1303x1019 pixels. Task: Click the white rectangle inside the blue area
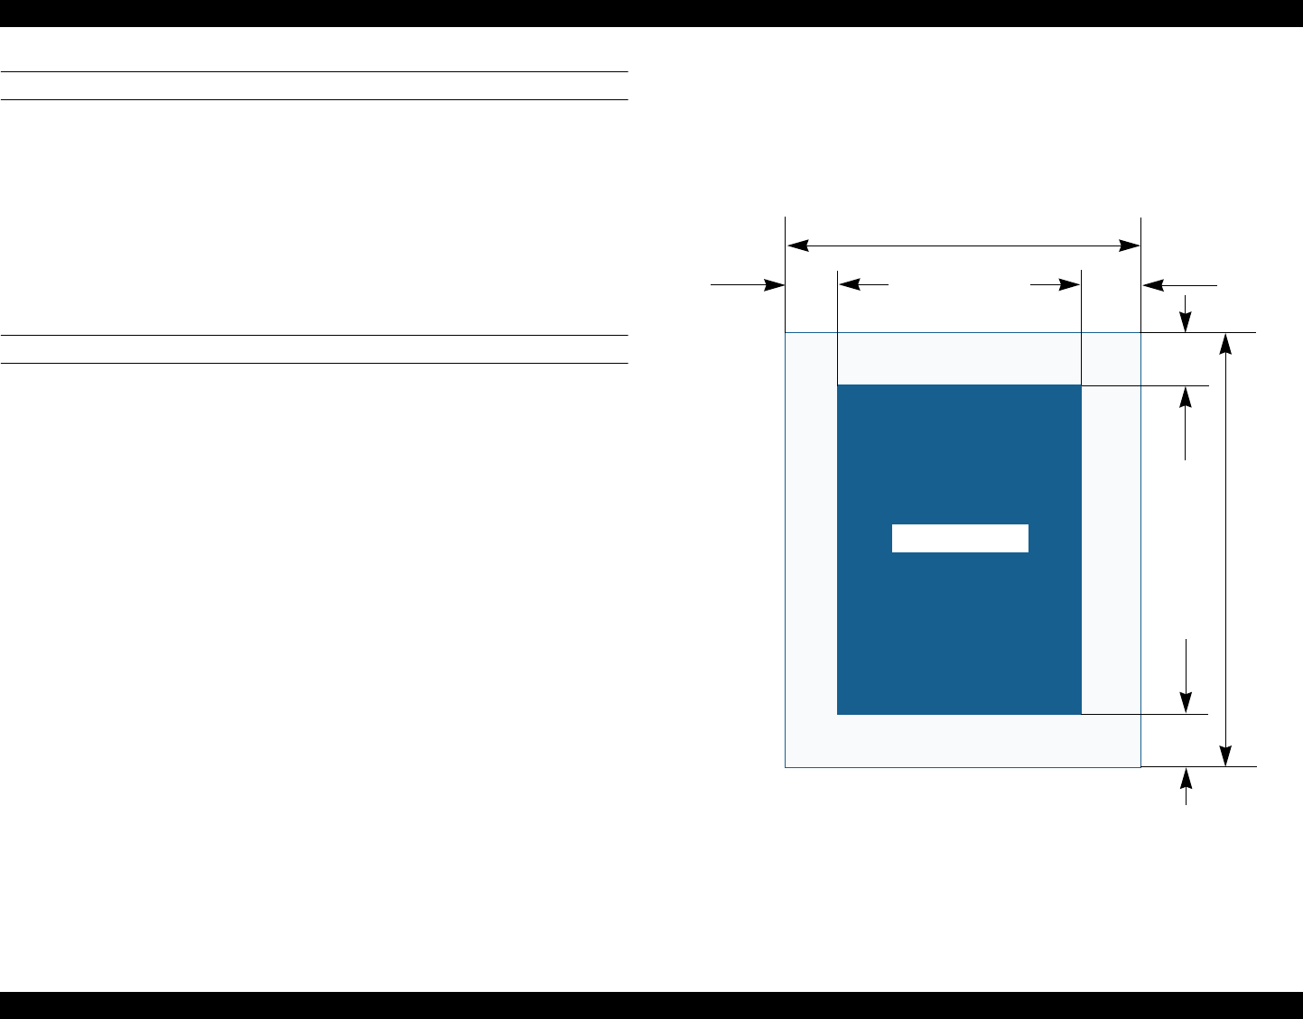[960, 538]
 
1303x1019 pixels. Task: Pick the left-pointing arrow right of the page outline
[1155, 285]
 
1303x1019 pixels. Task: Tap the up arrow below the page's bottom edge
[1187, 778]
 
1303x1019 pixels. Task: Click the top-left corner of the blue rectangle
[839, 386]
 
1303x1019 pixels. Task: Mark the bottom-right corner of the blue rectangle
[1081, 713]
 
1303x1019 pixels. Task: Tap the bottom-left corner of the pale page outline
[786, 766]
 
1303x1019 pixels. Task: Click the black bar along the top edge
[651, 13]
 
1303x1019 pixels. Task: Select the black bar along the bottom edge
[651, 1005]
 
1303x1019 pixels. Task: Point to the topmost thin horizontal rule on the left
[314, 71]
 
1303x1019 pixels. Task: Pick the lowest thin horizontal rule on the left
[314, 364]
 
